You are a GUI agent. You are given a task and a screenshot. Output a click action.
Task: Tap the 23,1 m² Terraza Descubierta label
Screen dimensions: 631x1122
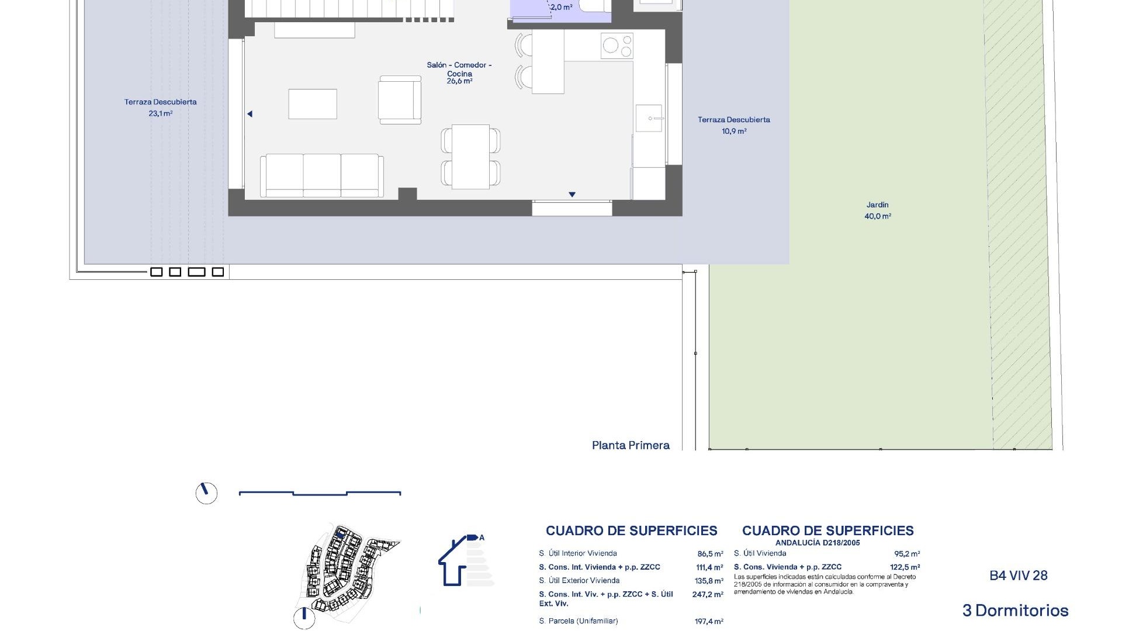160,108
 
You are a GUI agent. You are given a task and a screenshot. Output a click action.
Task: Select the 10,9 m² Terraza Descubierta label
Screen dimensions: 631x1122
733,125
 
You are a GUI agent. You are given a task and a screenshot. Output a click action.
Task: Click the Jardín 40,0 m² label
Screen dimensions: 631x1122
877,210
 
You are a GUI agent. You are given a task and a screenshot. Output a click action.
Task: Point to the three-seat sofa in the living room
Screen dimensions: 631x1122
322,175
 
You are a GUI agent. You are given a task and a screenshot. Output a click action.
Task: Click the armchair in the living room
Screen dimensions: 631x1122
400,99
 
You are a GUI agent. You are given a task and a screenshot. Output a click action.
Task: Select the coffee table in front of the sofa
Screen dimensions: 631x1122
313,104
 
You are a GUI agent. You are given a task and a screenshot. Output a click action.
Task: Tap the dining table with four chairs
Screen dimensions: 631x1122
470,157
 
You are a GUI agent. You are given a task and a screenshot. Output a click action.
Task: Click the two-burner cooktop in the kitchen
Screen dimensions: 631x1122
617,46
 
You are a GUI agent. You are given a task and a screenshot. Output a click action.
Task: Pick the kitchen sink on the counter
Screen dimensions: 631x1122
649,119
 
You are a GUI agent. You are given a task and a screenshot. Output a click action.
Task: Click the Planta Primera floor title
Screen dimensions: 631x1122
631,445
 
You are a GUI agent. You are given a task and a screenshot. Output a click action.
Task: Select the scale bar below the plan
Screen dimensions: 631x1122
320,494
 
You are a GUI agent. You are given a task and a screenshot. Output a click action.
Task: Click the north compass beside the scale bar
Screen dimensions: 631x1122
206,493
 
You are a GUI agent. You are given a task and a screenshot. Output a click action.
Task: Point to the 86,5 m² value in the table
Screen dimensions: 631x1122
709,554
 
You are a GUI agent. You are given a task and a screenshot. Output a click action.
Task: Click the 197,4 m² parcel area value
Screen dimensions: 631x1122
708,622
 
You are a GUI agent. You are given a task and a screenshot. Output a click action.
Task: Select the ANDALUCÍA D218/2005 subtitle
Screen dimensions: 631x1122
817,543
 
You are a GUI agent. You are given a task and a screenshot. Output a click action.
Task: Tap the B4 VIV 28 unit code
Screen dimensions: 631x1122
1018,575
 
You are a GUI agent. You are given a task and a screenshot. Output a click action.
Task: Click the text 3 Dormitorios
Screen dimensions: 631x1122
1015,611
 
